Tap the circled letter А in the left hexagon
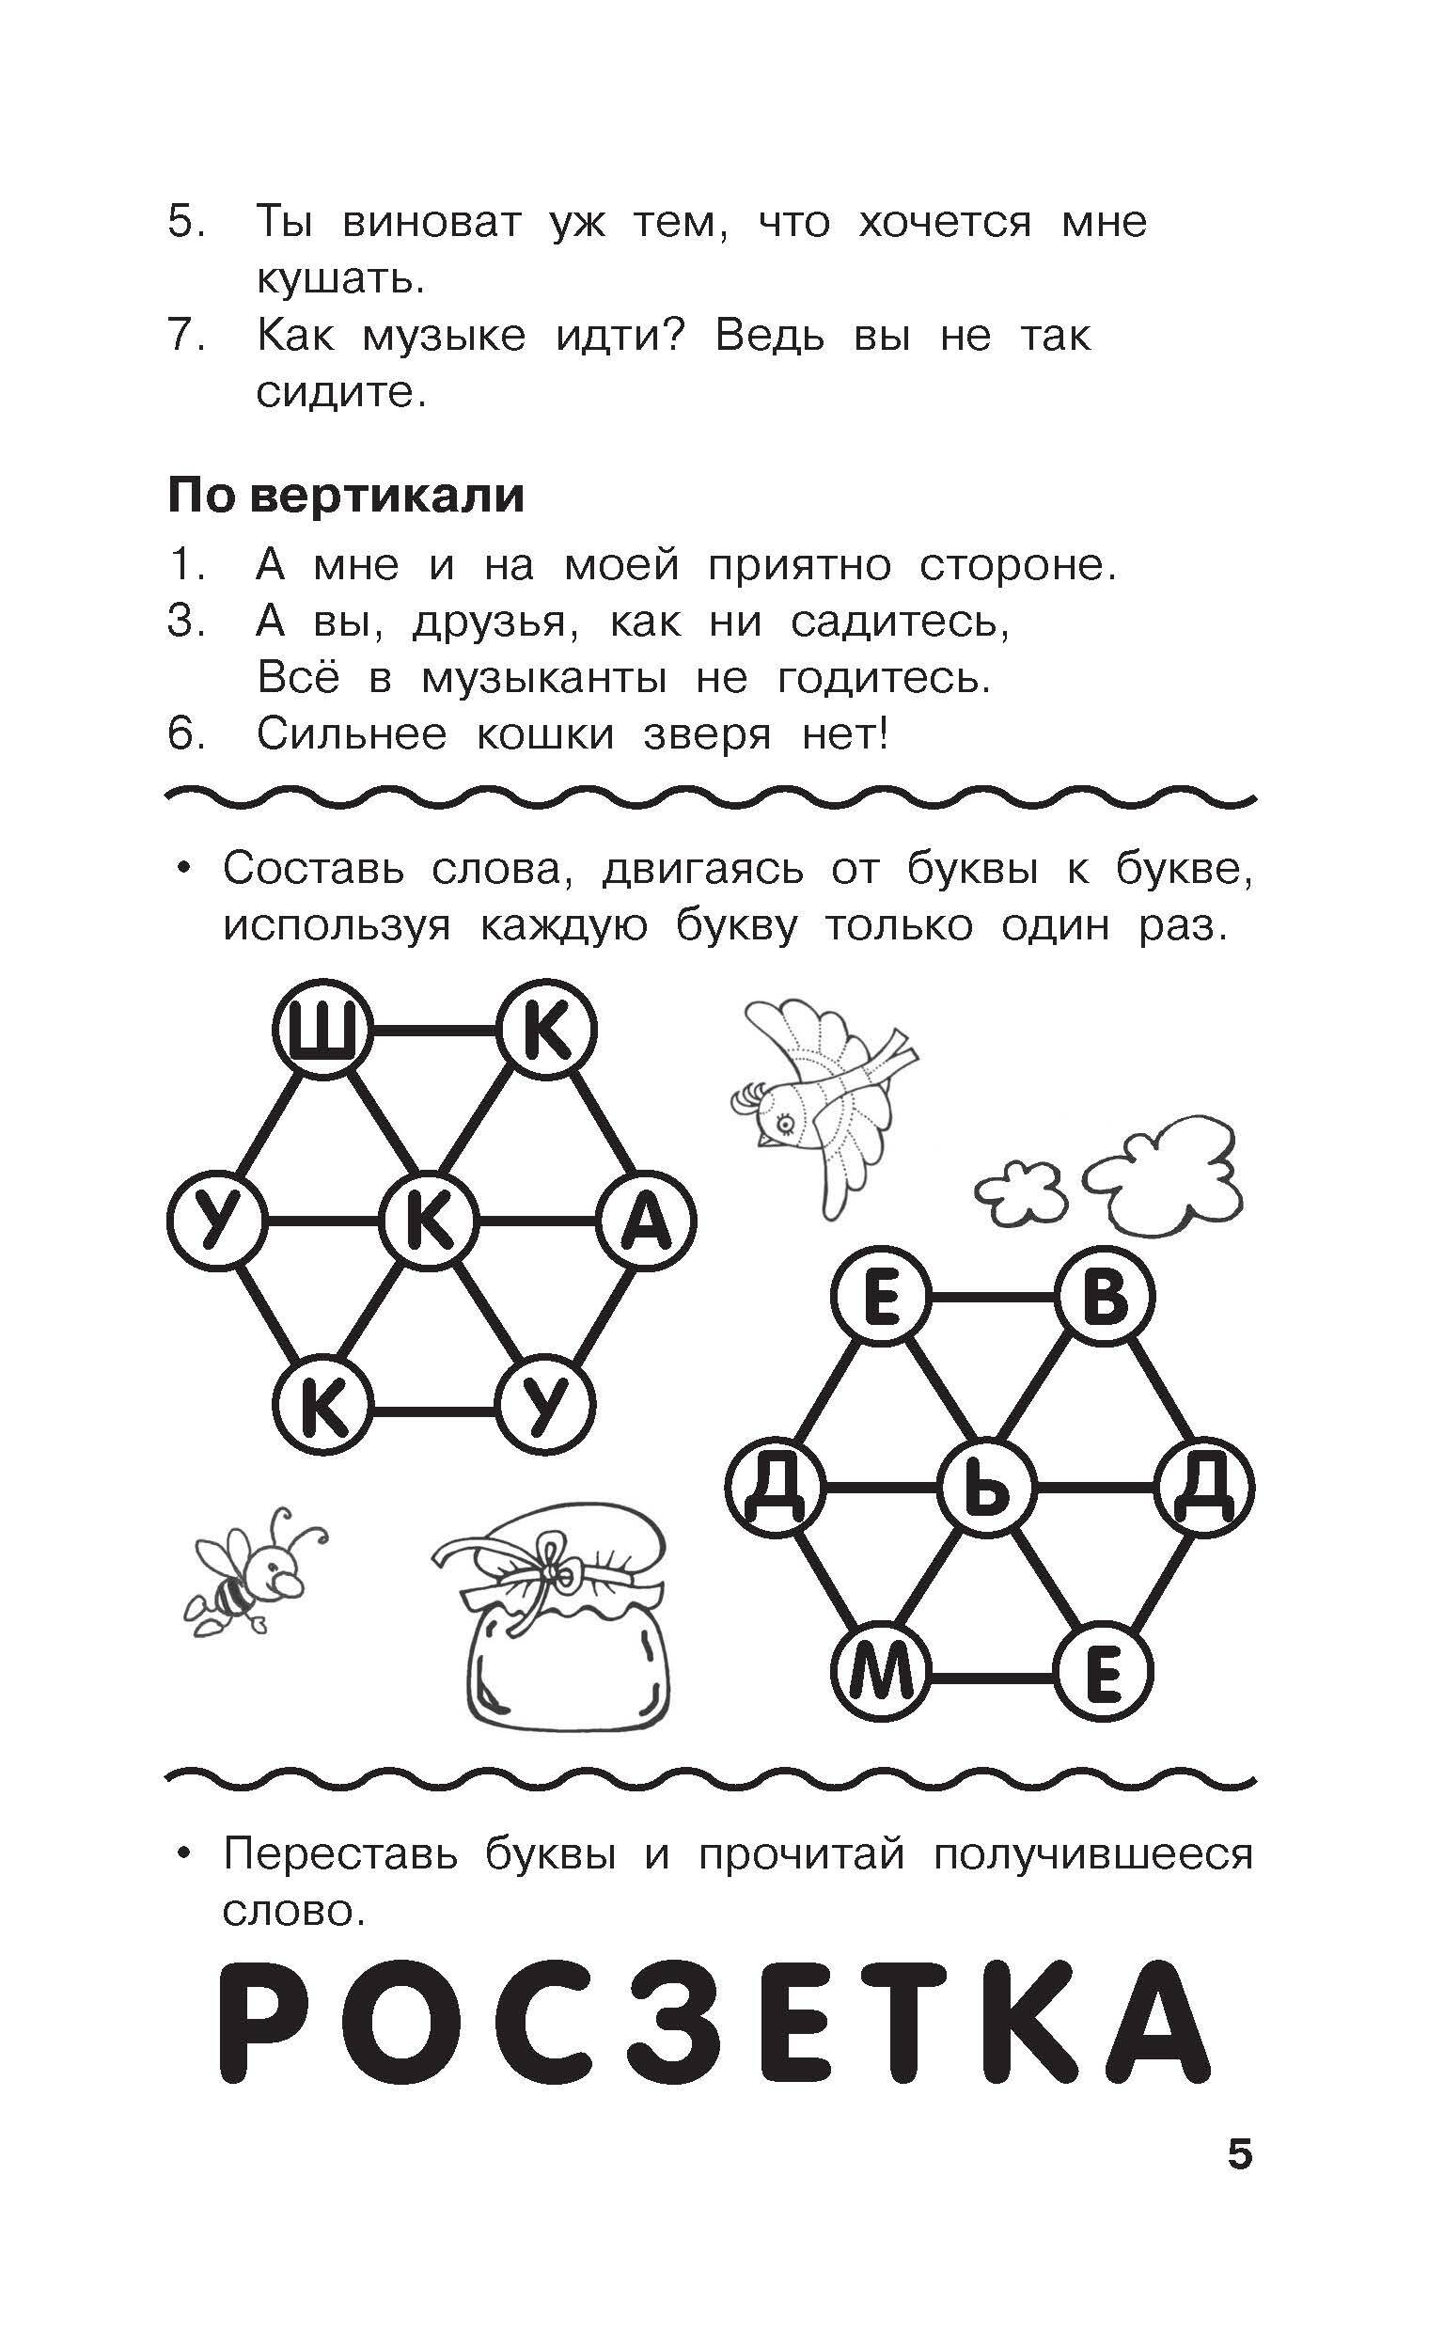(647, 1222)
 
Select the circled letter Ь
(986, 1488)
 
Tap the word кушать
(339, 280)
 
